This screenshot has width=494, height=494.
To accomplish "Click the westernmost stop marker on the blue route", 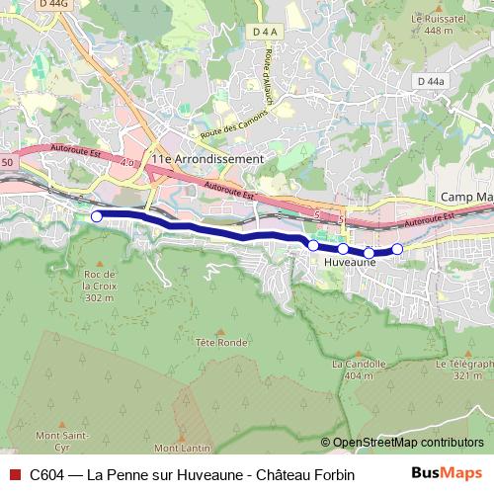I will click(96, 215).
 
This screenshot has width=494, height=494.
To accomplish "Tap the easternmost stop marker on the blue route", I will click(397, 249).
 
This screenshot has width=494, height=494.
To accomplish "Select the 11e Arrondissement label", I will click(206, 158).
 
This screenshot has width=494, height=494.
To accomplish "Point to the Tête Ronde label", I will click(220, 342).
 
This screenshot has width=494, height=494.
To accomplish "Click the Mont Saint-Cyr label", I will click(62, 435).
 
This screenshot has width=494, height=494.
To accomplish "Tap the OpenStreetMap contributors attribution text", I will click(407, 442).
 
